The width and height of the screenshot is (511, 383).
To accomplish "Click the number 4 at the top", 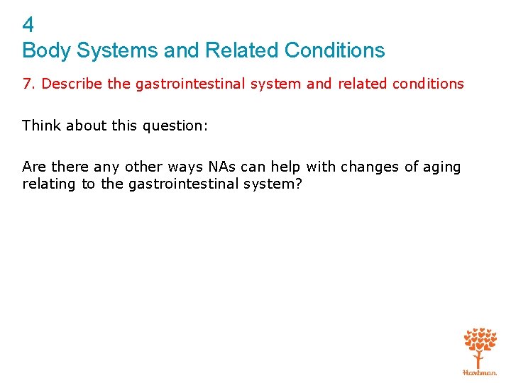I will point(28,26).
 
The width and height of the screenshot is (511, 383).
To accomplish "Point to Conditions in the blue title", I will point(334,51).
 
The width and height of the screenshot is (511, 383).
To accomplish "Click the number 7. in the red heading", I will point(29,84).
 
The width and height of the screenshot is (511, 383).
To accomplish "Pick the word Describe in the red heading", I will point(72,84).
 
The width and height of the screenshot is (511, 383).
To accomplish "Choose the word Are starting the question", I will point(34,167).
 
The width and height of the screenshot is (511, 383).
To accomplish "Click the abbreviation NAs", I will point(218,167).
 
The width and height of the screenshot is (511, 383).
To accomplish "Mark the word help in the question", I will point(286,167).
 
